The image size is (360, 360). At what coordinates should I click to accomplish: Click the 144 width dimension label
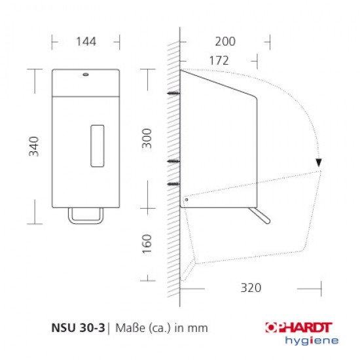(86, 41)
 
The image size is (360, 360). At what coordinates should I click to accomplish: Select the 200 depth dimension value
(225, 41)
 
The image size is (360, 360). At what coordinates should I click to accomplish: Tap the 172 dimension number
(218, 60)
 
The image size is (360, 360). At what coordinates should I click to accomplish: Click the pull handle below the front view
(86, 214)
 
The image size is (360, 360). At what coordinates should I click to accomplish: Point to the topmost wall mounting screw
(173, 94)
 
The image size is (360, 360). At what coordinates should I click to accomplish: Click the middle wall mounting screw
(173, 161)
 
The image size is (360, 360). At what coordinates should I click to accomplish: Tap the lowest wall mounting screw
(173, 186)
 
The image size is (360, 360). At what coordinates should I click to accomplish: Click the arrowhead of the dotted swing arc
(318, 163)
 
